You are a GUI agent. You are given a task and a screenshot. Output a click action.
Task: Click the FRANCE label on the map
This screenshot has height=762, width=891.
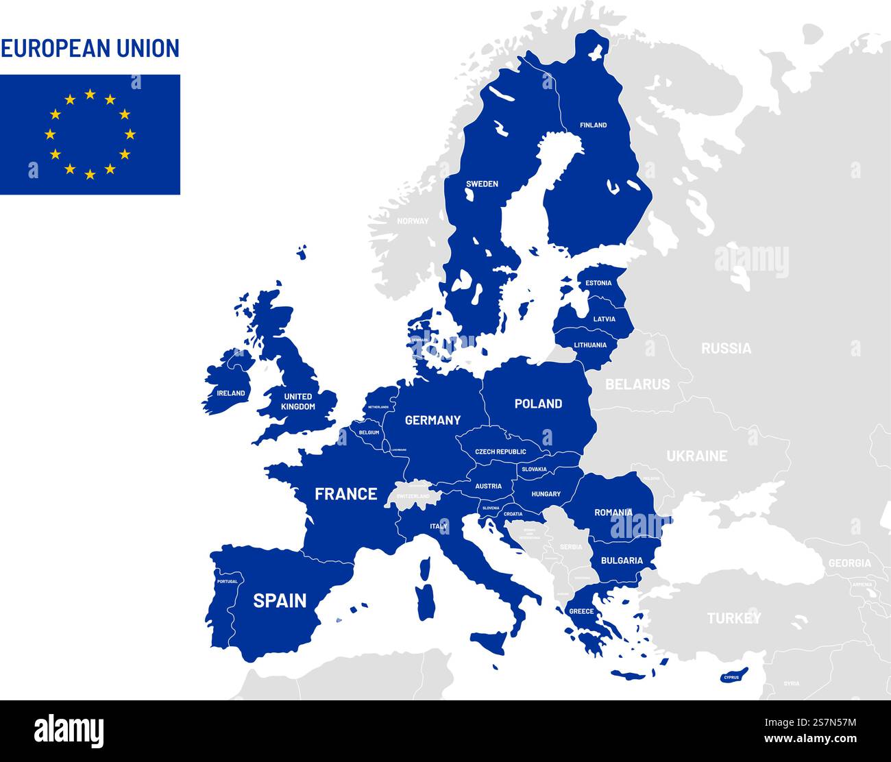(x=345, y=494)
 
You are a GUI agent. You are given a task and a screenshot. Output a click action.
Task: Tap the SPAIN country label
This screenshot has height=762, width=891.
(x=280, y=601)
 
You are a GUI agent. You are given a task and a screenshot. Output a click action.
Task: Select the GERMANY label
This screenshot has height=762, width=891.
(x=432, y=420)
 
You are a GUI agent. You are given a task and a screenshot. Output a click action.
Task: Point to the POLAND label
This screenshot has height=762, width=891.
(x=538, y=404)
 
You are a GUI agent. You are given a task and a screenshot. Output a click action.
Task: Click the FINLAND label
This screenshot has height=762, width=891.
(x=593, y=125)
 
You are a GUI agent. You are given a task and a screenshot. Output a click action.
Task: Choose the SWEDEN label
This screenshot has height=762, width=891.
(x=482, y=184)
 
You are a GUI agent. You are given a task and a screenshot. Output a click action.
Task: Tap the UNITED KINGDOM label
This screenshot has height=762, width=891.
(x=298, y=402)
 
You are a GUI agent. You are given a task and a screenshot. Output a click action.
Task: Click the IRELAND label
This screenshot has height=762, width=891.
(x=230, y=393)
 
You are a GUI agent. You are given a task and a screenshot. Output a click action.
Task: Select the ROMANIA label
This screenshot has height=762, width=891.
(x=613, y=513)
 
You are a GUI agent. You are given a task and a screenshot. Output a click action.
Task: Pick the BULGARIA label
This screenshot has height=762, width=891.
(x=622, y=561)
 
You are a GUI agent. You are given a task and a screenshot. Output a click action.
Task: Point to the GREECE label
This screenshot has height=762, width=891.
(x=581, y=611)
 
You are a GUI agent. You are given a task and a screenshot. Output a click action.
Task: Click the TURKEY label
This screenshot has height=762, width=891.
(x=734, y=618)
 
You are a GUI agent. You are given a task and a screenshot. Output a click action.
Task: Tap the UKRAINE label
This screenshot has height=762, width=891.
(x=697, y=456)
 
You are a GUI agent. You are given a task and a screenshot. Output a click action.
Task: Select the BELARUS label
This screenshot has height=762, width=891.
(x=637, y=384)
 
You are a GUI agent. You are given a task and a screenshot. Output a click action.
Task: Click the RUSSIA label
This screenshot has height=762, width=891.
(x=726, y=348)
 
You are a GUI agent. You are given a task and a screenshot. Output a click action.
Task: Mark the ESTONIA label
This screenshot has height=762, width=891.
(x=598, y=283)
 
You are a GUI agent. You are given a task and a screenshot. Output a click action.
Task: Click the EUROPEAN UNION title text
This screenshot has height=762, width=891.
(x=90, y=48)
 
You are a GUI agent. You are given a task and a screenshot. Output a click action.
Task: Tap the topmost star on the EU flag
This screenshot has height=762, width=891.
(x=90, y=95)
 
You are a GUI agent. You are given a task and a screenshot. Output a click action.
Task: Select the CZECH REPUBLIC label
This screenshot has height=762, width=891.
(x=501, y=452)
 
